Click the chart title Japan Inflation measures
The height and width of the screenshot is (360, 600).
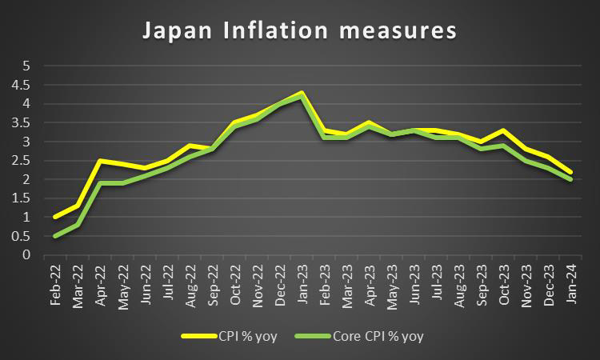pyautogui.click(x=299, y=31)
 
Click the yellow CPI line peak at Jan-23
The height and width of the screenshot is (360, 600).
pyautogui.click(x=301, y=93)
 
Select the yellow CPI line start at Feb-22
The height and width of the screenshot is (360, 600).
pyautogui.click(x=54, y=217)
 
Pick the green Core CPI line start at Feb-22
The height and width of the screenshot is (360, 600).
pyautogui.click(x=54, y=236)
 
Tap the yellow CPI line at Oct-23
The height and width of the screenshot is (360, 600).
pyautogui.click(x=502, y=130)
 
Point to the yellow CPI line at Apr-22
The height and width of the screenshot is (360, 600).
pyautogui.click(x=99, y=161)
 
